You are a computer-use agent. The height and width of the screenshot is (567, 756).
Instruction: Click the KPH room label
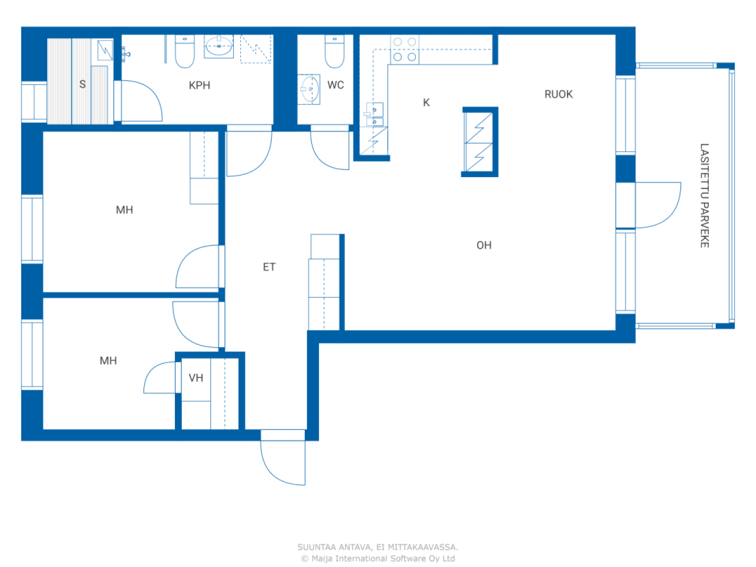click(199, 85)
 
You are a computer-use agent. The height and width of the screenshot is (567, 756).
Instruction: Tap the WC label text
click(335, 85)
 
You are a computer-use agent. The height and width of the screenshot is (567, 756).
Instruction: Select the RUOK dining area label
click(558, 94)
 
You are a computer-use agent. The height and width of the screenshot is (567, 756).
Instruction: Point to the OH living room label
click(484, 245)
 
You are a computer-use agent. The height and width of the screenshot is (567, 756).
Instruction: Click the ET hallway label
click(269, 267)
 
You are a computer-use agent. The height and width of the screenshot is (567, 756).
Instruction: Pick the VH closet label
click(195, 378)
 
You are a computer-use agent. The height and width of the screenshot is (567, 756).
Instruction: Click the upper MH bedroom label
click(124, 210)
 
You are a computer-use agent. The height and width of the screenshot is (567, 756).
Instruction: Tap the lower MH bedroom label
click(108, 360)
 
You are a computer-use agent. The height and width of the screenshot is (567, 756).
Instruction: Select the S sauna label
click(83, 84)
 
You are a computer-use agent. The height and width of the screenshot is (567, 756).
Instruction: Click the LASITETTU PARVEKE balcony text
click(704, 195)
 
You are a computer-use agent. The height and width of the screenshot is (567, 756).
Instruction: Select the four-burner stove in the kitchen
click(405, 49)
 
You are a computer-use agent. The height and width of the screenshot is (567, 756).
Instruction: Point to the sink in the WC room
click(309, 90)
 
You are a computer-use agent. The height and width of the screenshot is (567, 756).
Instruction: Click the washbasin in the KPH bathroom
click(219, 46)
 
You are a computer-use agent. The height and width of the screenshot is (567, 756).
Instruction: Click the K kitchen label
click(426, 103)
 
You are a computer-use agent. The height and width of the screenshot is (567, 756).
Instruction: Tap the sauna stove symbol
click(105, 50)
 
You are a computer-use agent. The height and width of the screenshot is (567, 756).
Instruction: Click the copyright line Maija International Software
click(378, 558)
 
